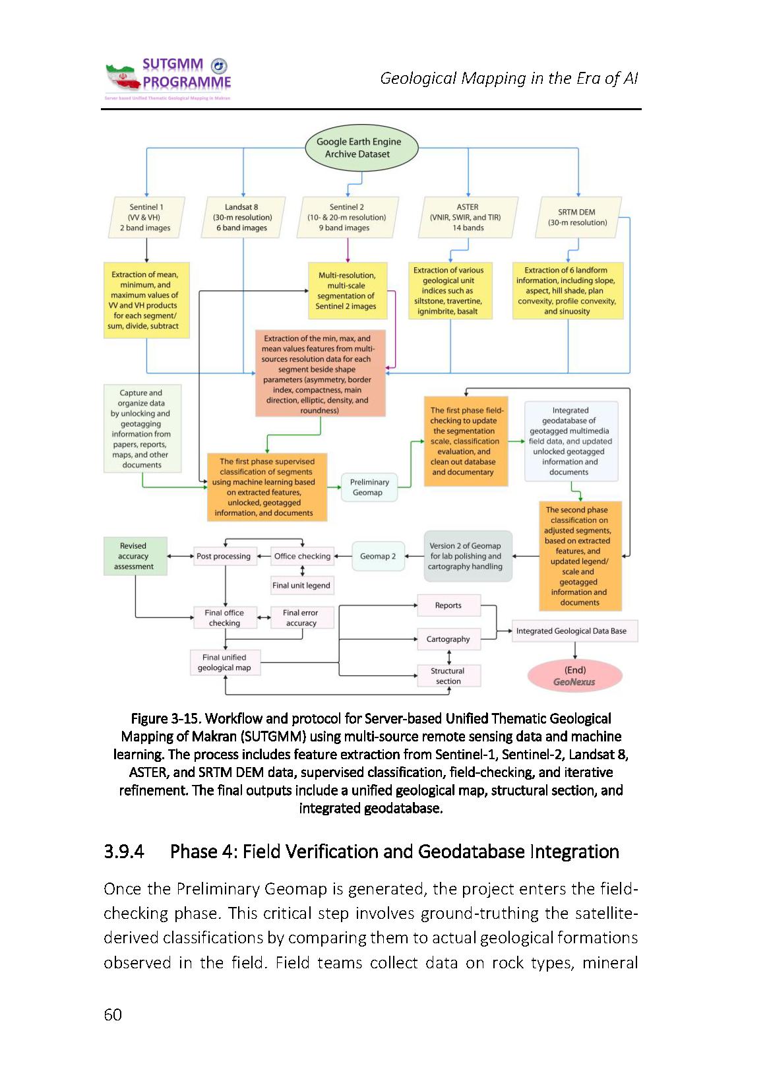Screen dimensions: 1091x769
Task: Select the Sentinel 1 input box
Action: (146, 218)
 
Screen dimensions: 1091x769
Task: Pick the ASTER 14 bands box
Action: (468, 218)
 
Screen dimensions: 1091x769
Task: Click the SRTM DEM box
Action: (578, 218)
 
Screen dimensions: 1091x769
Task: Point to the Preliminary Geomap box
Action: (369, 487)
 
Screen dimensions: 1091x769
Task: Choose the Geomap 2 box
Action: (378, 556)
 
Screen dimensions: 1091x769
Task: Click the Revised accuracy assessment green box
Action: (134, 556)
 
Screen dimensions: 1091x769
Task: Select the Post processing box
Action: (224, 556)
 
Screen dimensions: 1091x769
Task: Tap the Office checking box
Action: (302, 556)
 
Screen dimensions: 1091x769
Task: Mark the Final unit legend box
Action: (301, 585)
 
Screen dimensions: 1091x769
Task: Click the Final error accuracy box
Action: (301, 618)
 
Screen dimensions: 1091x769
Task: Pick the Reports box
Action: (448, 606)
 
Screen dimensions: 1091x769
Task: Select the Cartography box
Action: (448, 639)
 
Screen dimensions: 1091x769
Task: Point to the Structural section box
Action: (448, 676)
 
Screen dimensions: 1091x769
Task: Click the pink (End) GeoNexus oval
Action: (574, 676)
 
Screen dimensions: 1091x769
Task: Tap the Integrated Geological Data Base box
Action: (572, 631)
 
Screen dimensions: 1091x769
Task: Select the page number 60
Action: (113, 1014)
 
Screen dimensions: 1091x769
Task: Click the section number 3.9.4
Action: (124, 852)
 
